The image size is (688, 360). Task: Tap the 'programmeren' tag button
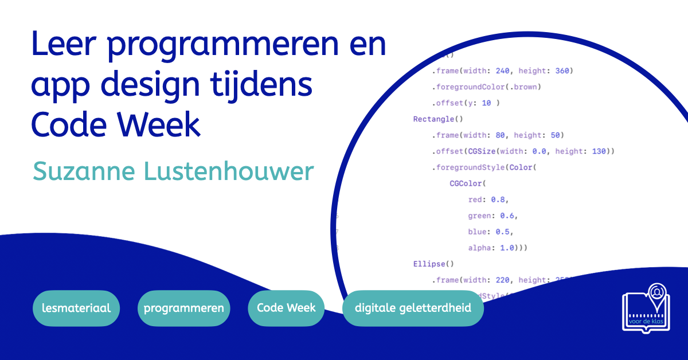click(183, 308)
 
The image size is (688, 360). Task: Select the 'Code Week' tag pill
click(286, 308)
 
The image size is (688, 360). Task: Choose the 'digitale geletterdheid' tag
click(413, 308)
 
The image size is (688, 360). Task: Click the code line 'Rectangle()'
click(438, 119)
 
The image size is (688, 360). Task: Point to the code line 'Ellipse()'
click(433, 264)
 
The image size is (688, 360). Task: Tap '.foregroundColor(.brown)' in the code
click(487, 87)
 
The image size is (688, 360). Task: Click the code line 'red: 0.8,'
click(488, 200)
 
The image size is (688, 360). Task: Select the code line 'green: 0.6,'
click(492, 216)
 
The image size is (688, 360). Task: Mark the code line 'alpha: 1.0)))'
click(497, 248)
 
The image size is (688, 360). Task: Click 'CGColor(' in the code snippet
click(467, 184)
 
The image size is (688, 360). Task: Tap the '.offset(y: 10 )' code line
click(466, 103)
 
